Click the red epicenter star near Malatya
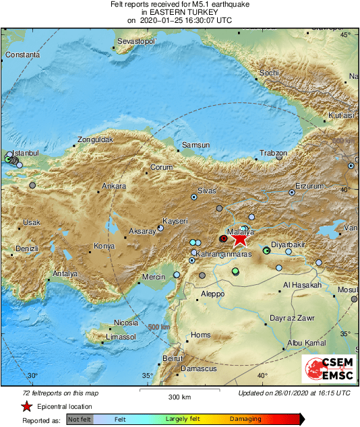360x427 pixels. tap(239, 238)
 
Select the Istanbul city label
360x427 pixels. tap(28, 154)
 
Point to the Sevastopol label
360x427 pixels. tap(137, 42)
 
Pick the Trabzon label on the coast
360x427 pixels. tap(273, 154)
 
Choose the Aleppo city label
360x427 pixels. tap(212, 294)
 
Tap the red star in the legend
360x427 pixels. tap(26, 406)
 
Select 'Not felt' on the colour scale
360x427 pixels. tap(80, 419)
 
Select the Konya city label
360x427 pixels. tap(104, 246)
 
